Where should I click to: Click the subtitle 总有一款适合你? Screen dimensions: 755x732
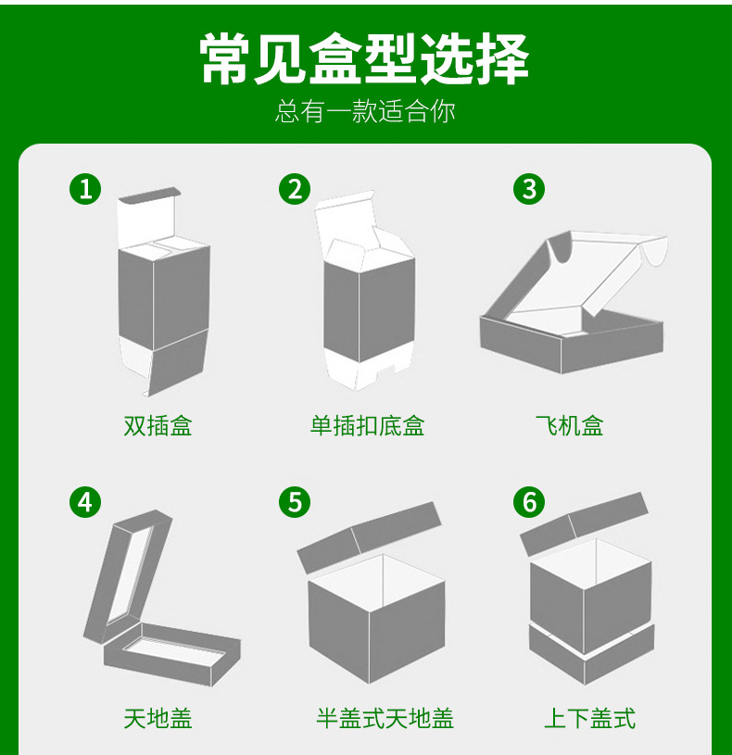click(x=365, y=112)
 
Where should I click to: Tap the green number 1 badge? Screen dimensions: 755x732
click(x=85, y=189)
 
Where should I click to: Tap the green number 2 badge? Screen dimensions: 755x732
click(x=295, y=189)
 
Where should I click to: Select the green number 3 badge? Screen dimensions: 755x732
click(x=529, y=189)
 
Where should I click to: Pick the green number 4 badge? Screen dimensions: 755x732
click(x=85, y=502)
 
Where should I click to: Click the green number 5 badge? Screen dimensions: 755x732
click(x=295, y=502)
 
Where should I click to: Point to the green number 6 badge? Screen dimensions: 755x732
click(x=529, y=502)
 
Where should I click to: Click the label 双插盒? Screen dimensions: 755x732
click(x=158, y=426)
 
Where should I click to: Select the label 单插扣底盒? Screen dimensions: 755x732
click(x=367, y=426)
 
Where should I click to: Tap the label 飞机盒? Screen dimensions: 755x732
click(x=569, y=426)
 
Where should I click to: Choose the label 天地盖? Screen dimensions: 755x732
click(x=158, y=717)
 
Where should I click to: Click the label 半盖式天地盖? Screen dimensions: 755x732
click(x=385, y=717)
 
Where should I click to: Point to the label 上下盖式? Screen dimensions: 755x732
click(x=589, y=717)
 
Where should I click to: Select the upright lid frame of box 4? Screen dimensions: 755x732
click(x=127, y=574)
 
